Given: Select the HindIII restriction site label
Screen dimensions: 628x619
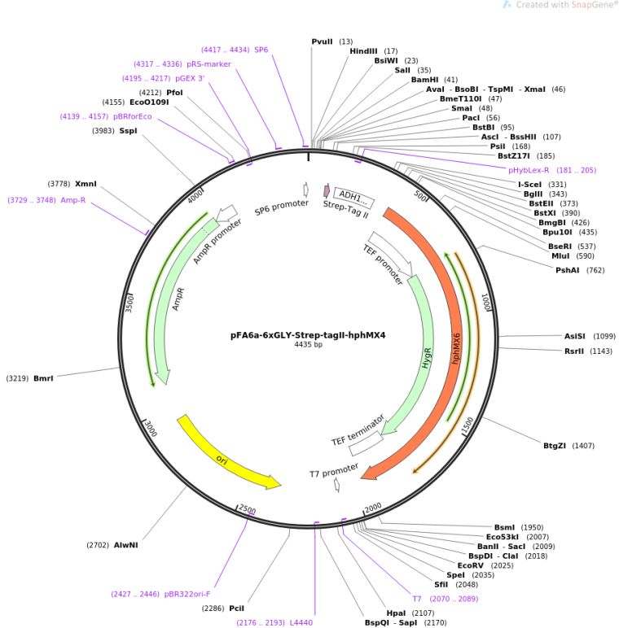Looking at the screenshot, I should click(364, 50).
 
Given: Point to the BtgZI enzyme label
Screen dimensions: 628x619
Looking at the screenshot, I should click(556, 445).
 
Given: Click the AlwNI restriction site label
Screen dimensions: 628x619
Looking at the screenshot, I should click(125, 545).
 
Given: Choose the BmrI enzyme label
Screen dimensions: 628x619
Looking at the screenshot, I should click(43, 378).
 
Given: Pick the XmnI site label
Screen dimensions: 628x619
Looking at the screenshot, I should click(86, 184).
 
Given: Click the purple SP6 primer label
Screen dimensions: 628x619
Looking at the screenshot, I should click(261, 50).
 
